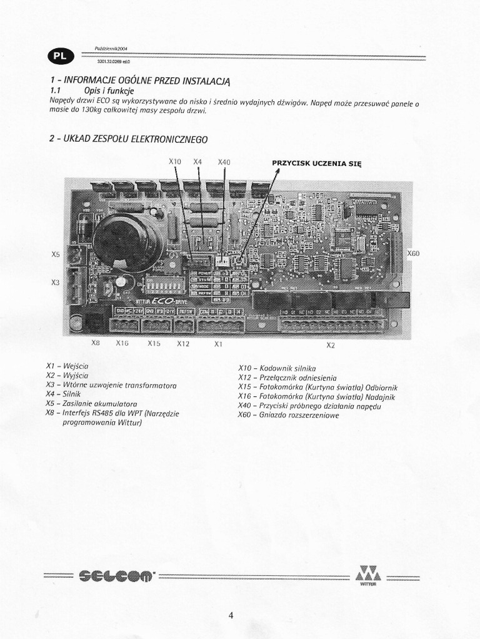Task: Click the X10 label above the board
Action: [175, 162]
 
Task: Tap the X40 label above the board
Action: [224, 162]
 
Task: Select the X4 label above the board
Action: [197, 162]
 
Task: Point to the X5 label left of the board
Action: [56, 255]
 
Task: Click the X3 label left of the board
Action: [55, 282]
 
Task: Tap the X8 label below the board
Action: [96, 343]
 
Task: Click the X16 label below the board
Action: [122, 343]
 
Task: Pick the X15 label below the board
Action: [154, 343]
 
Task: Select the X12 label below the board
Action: [183, 343]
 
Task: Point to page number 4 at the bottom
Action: [231, 617]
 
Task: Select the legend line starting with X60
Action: [288, 415]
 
